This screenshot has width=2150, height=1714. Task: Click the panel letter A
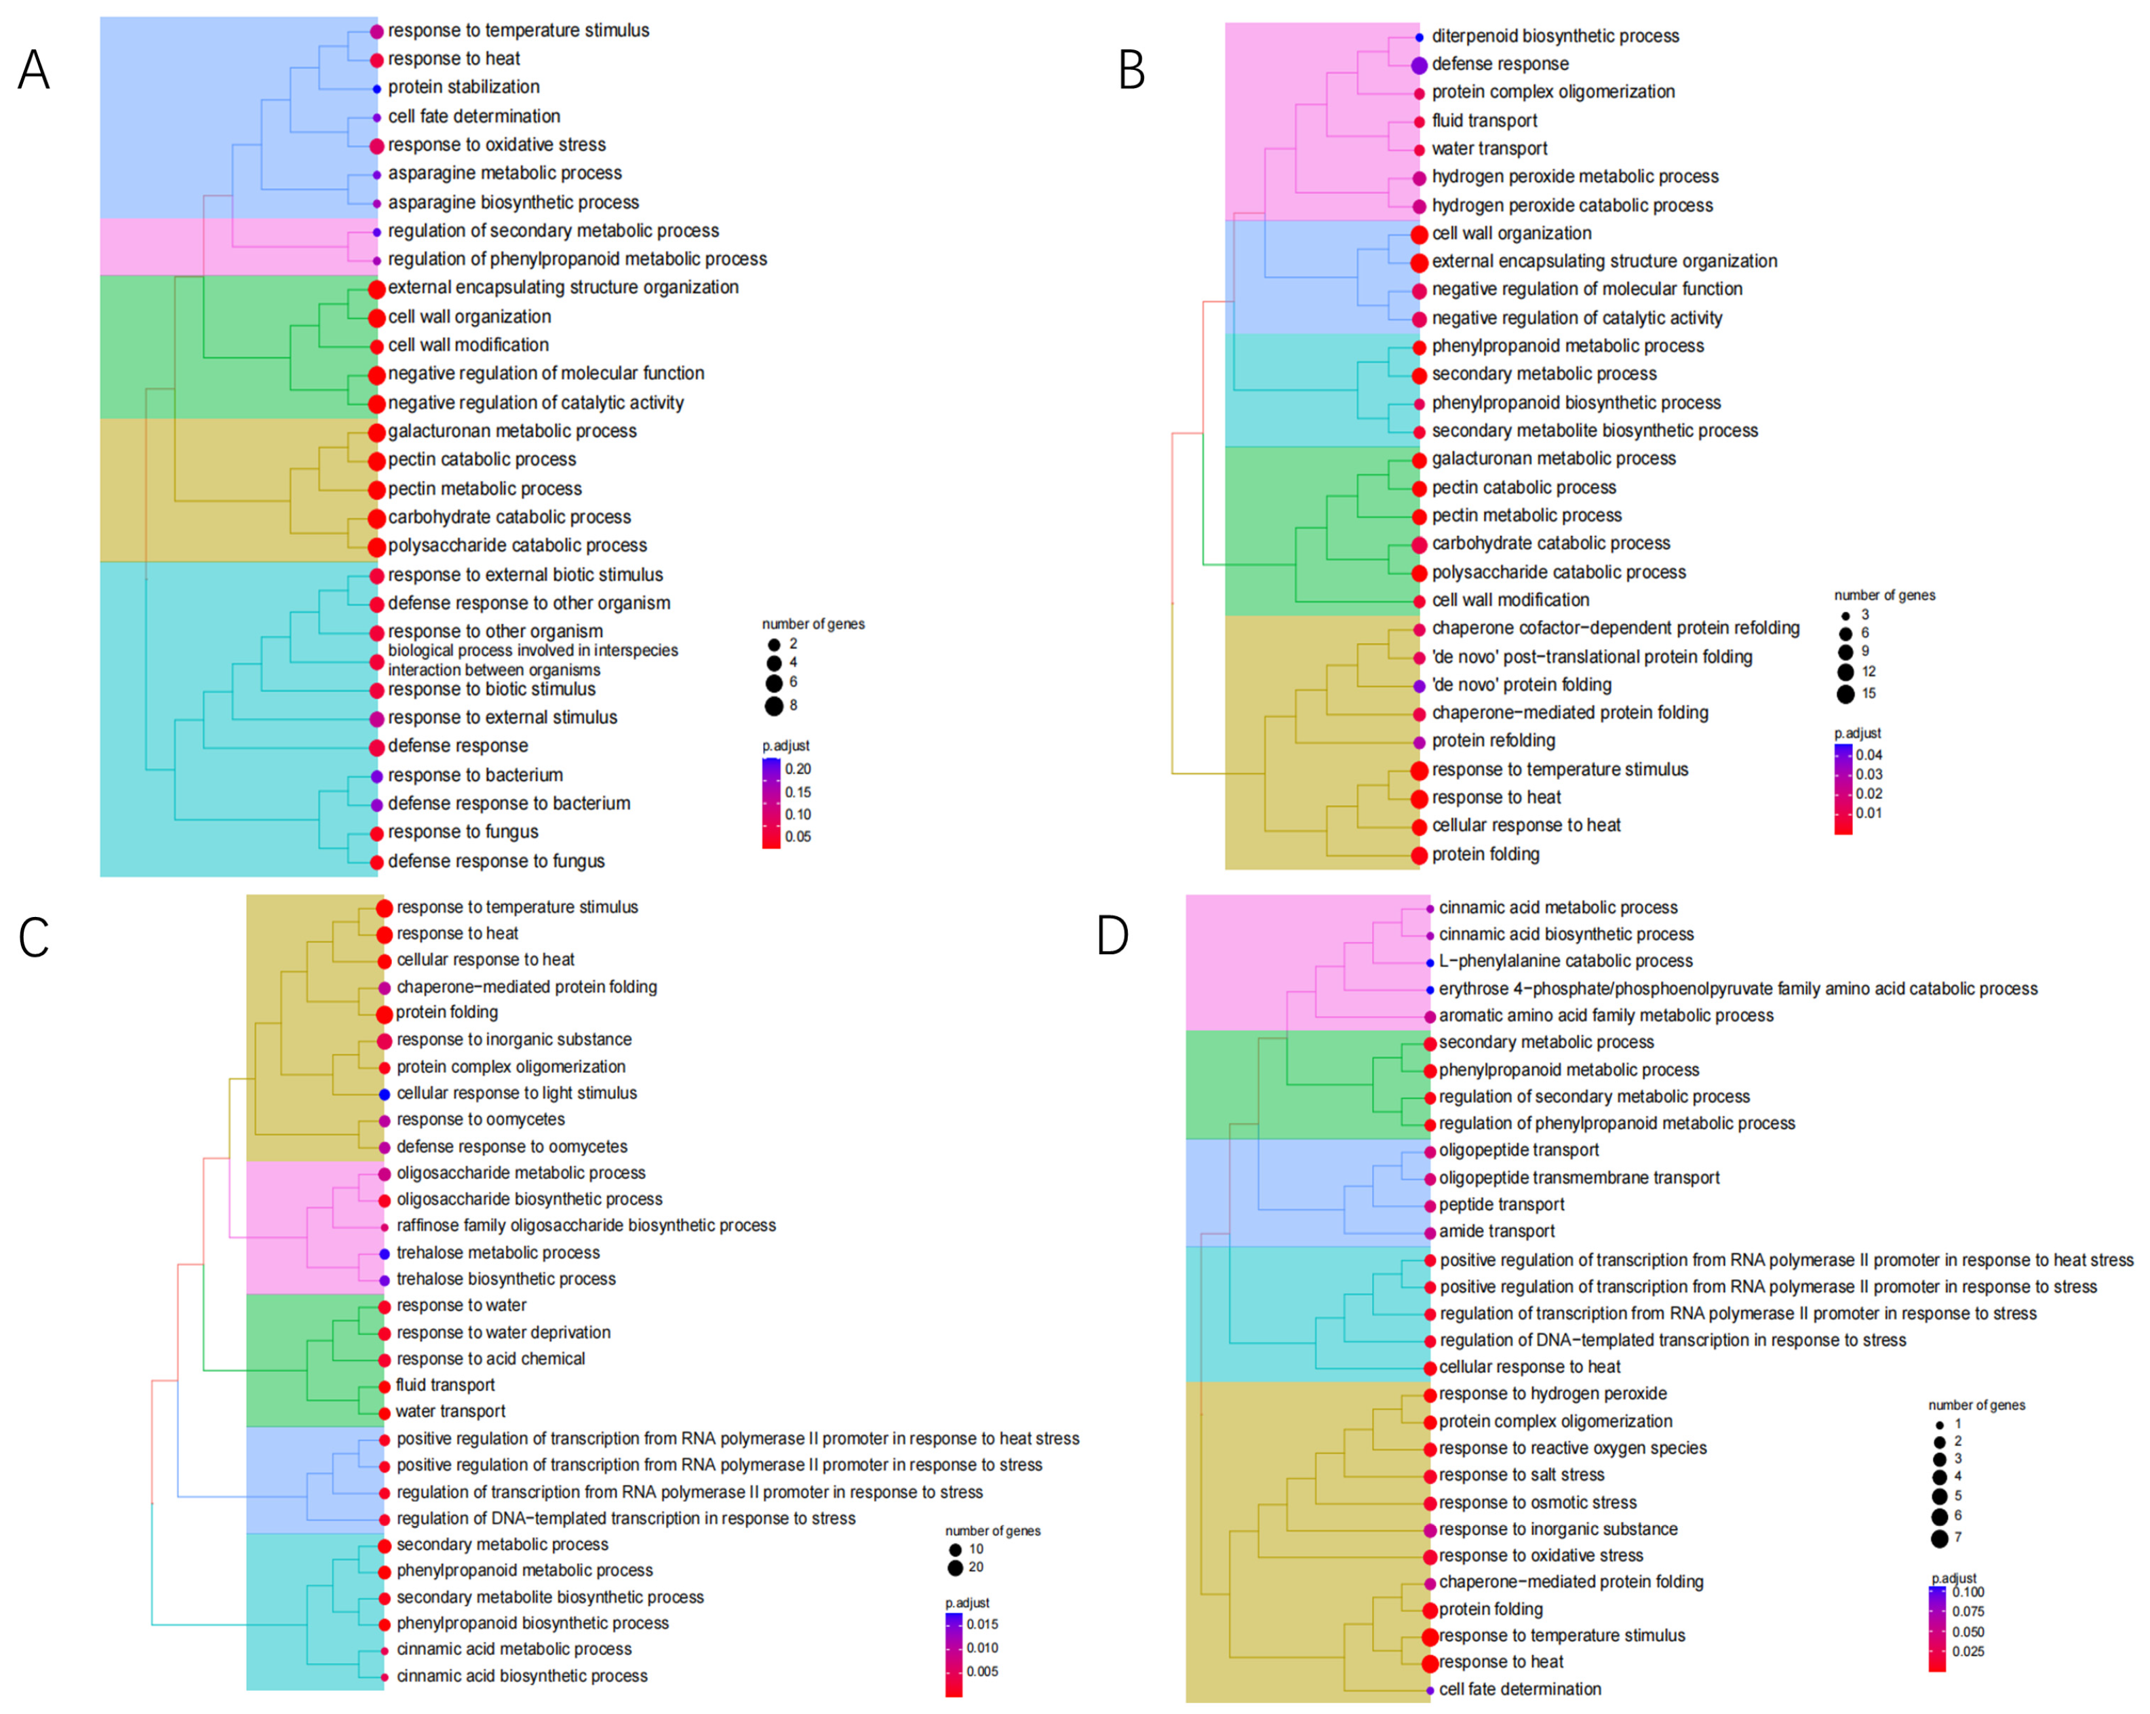34,70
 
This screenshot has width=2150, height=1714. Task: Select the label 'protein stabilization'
464,87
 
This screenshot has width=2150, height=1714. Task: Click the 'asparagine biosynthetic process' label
513,202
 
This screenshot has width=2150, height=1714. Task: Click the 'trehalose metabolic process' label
498,1252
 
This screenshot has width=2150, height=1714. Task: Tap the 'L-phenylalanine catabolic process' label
1565,961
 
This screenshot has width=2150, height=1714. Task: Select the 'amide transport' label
1497,1232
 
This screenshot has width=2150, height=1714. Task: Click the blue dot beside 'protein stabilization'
377,89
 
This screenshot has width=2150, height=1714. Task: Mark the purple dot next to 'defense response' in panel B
1419,65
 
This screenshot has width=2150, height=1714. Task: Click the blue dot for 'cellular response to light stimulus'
384,1094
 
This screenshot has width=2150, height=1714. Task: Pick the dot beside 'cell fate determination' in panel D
1430,1690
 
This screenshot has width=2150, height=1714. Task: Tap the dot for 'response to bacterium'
377,776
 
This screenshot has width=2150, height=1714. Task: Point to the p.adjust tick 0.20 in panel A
798,768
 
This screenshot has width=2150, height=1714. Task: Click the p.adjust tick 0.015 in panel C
982,1624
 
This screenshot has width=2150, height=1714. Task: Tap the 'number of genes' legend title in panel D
1976,1405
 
